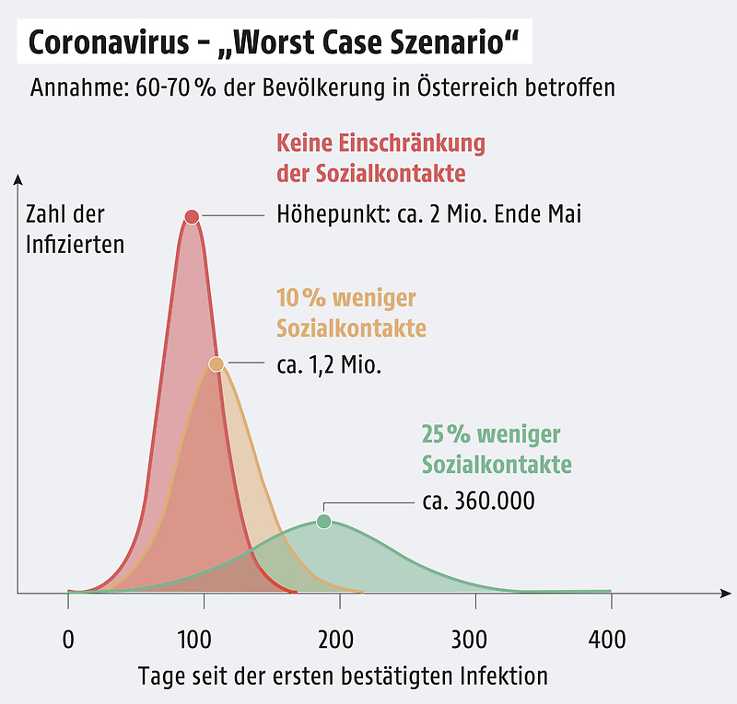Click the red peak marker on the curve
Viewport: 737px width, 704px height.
[x=192, y=217]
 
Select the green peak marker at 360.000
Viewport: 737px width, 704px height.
[x=323, y=522]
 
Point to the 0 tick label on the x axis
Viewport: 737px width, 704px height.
[x=68, y=639]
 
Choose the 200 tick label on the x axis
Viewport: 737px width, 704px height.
[x=340, y=639]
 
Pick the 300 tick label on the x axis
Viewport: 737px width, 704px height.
[x=475, y=639]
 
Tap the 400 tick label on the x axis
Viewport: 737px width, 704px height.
[x=607, y=639]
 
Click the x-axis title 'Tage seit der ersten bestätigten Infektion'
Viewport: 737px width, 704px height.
[x=343, y=676]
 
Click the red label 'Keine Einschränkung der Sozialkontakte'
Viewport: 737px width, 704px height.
[x=380, y=158]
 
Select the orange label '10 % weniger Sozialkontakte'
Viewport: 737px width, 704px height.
[x=351, y=313]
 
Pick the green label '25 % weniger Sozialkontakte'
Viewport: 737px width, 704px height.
[x=497, y=449]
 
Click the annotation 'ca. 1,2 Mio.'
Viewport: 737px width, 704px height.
[x=329, y=364]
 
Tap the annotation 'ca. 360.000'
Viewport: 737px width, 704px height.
[x=478, y=502]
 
